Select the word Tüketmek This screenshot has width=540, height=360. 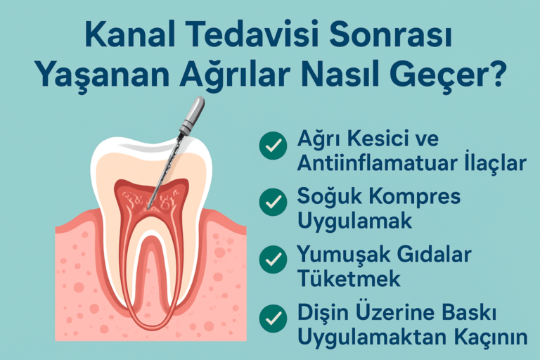pyautogui.click(x=349, y=278)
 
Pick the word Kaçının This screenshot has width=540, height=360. pyautogui.click(x=492, y=336)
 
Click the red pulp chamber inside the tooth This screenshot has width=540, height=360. pyautogui.click(x=151, y=197)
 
